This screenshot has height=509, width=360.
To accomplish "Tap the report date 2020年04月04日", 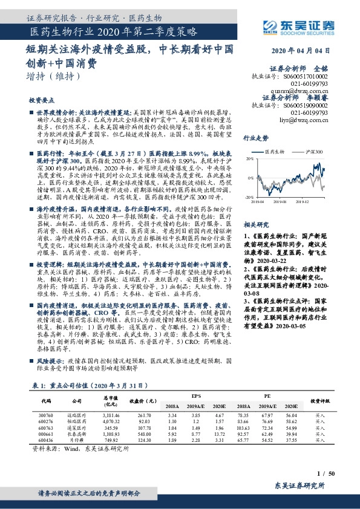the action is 301,52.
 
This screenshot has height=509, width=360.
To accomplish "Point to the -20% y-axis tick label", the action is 249,197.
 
